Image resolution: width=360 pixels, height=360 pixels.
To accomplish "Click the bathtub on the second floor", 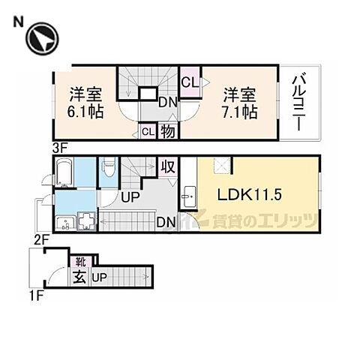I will [63, 174].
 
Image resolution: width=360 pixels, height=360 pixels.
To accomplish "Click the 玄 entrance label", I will [78, 278].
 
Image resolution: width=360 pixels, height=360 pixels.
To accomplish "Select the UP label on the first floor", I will [98, 278].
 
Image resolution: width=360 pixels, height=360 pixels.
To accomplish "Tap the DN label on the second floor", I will [165, 221].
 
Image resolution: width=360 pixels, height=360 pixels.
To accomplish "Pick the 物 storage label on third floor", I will [167, 130].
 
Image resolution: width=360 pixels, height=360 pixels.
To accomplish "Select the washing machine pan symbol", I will [86, 222].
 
